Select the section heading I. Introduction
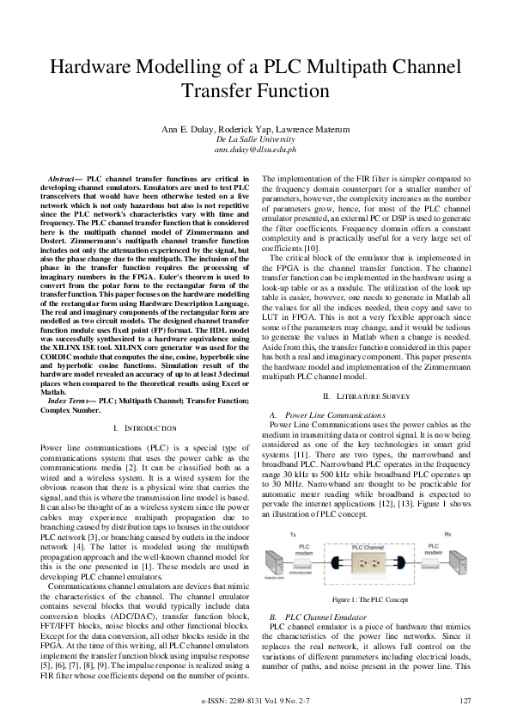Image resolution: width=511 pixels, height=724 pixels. (133, 427)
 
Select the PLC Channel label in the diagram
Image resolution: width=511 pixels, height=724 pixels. (368, 546)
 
